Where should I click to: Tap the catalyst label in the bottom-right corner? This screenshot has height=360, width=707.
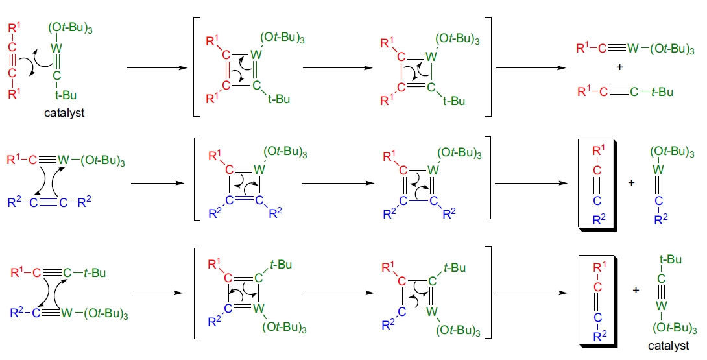point(669,345)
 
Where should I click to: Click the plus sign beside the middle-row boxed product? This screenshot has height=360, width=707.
point(631,183)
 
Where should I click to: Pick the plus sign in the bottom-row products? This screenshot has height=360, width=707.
point(636,290)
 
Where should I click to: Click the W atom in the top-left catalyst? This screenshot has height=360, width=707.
point(57,47)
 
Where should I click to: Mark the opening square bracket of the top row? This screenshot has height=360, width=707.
point(196,67)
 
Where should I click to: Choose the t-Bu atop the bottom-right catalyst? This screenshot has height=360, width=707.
point(669,260)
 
